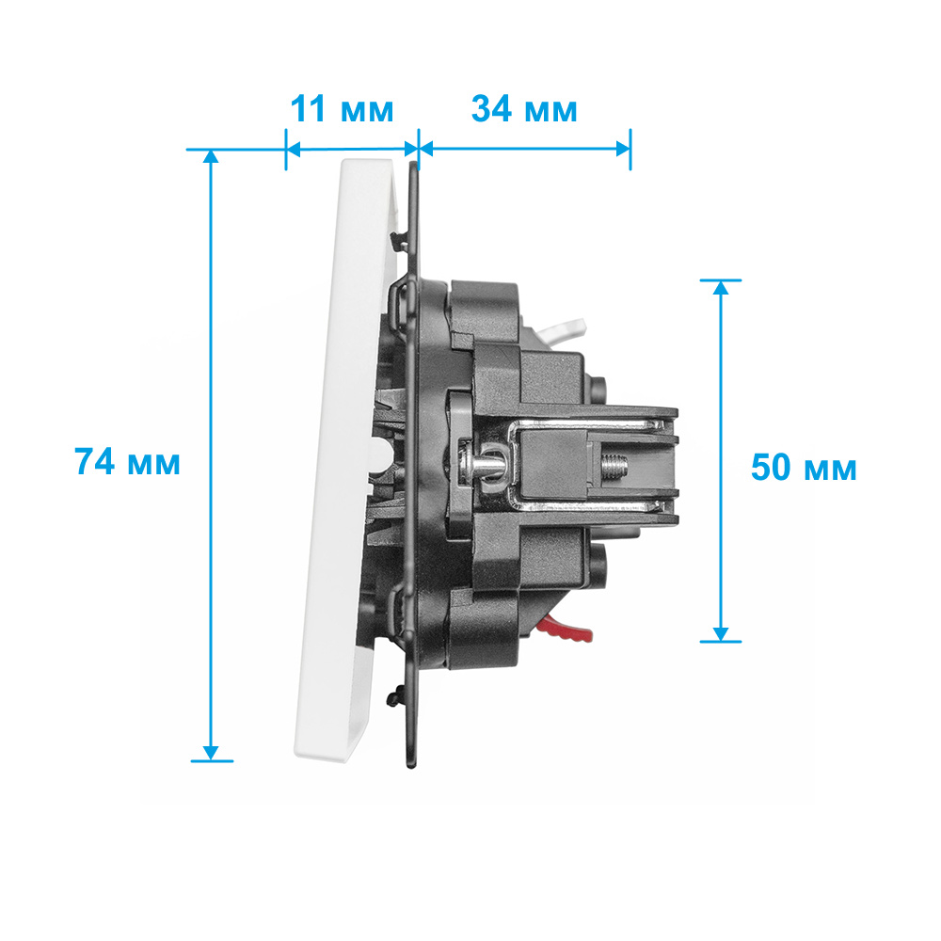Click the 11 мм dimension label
(x=343, y=109)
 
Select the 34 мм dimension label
(x=524, y=109)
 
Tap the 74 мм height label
(x=127, y=461)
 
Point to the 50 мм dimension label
(x=804, y=468)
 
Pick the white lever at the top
(x=563, y=330)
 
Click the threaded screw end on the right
(x=614, y=467)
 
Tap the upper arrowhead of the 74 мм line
(x=211, y=156)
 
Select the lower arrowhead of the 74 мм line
(x=211, y=753)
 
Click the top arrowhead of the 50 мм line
(x=721, y=287)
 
